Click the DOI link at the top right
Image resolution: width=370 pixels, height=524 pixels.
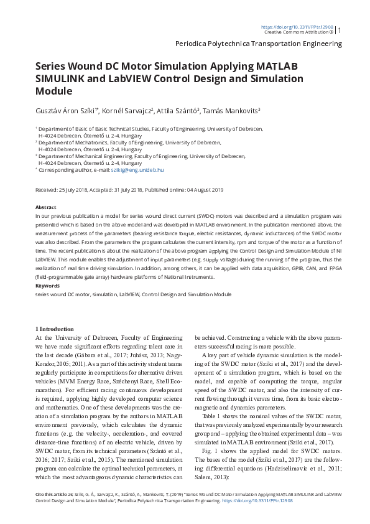(297, 27)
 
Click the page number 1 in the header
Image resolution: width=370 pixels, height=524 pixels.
(340, 30)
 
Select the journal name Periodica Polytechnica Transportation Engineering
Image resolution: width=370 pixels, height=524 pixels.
(259, 44)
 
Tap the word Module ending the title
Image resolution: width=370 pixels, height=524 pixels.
(54, 91)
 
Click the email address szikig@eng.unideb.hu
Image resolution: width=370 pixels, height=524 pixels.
(137, 169)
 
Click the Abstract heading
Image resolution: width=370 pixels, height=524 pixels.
(46, 206)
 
